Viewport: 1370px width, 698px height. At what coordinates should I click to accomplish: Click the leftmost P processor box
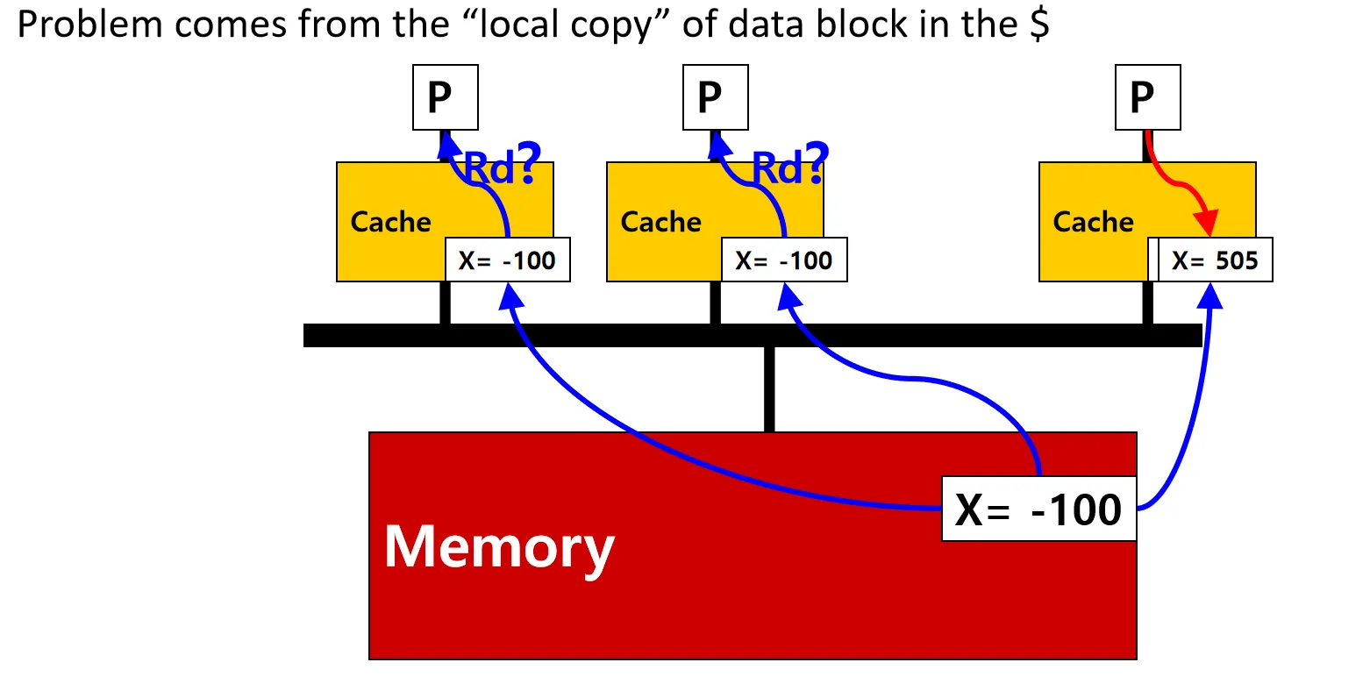[x=446, y=96]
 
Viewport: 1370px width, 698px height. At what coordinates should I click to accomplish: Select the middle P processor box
[x=716, y=96]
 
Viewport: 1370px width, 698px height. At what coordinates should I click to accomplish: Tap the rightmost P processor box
[x=1148, y=96]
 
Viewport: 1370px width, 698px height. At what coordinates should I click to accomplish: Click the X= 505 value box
[x=1215, y=260]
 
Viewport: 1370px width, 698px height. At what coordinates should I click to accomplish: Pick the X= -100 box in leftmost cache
[x=508, y=260]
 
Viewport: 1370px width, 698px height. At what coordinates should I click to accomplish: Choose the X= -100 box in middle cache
[x=784, y=260]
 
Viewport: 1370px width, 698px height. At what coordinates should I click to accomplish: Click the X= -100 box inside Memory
[x=1038, y=509]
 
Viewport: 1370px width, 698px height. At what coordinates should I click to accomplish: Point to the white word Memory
[x=499, y=547]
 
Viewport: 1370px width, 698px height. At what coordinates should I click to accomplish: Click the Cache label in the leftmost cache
[x=391, y=222]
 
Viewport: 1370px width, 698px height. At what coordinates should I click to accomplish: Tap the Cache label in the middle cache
[x=661, y=222]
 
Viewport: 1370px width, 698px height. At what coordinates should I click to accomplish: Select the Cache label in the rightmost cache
[x=1094, y=222]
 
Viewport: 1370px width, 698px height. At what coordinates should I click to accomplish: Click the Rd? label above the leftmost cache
[x=502, y=166]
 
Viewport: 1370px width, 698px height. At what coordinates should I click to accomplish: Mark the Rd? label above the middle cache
[x=790, y=166]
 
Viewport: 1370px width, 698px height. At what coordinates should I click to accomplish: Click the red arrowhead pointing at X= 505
[x=1209, y=224]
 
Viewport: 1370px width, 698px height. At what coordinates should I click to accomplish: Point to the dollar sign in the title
[x=1038, y=25]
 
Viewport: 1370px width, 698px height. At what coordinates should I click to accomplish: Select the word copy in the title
[x=615, y=25]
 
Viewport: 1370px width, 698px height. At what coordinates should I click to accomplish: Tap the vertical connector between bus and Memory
[x=769, y=389]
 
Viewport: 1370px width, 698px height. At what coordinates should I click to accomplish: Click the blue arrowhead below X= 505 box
[x=1210, y=296]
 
